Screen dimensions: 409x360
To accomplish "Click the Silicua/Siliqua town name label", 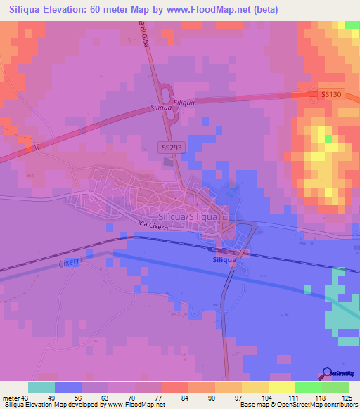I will tap(188, 217).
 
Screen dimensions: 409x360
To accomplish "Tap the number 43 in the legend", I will tap(27, 397).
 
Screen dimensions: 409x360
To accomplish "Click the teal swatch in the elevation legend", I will tap(41, 387).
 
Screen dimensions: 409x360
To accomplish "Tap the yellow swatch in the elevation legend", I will tap(281, 387).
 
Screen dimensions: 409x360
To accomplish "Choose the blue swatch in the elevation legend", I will tap(68, 387).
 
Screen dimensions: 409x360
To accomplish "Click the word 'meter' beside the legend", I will tap(11, 397).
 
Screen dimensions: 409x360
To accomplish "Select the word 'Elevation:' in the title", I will tap(73, 10).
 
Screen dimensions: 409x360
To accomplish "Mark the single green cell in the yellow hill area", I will tap(328, 138).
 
